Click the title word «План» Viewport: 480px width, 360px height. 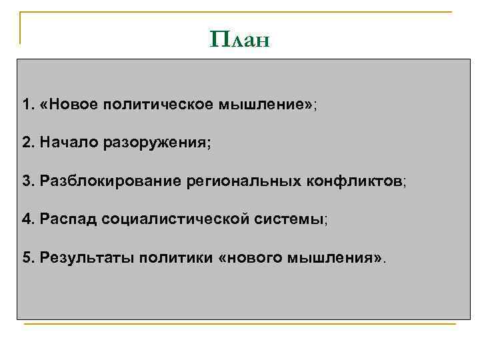click(239, 39)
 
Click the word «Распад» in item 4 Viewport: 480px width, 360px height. click(68, 219)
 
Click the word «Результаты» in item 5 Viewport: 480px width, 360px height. click(85, 257)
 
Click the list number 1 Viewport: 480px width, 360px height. click(27, 105)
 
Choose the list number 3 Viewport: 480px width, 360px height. click(27, 181)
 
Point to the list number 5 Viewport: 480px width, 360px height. click(27, 257)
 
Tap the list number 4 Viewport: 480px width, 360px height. click(27, 219)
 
